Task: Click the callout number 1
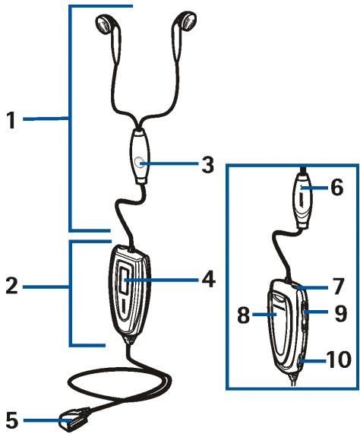tap(11, 120)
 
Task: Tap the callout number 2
tap(11, 285)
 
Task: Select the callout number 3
tap(207, 164)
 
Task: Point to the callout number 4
tap(209, 279)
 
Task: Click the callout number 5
tap(12, 420)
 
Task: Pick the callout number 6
tap(337, 188)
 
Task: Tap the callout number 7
tap(337, 287)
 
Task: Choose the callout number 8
tap(244, 315)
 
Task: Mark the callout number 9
tap(341, 313)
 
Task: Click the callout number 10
tap(339, 360)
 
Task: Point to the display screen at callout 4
tap(125, 280)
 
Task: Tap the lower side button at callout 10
tap(300, 361)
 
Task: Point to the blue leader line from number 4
tap(162, 280)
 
